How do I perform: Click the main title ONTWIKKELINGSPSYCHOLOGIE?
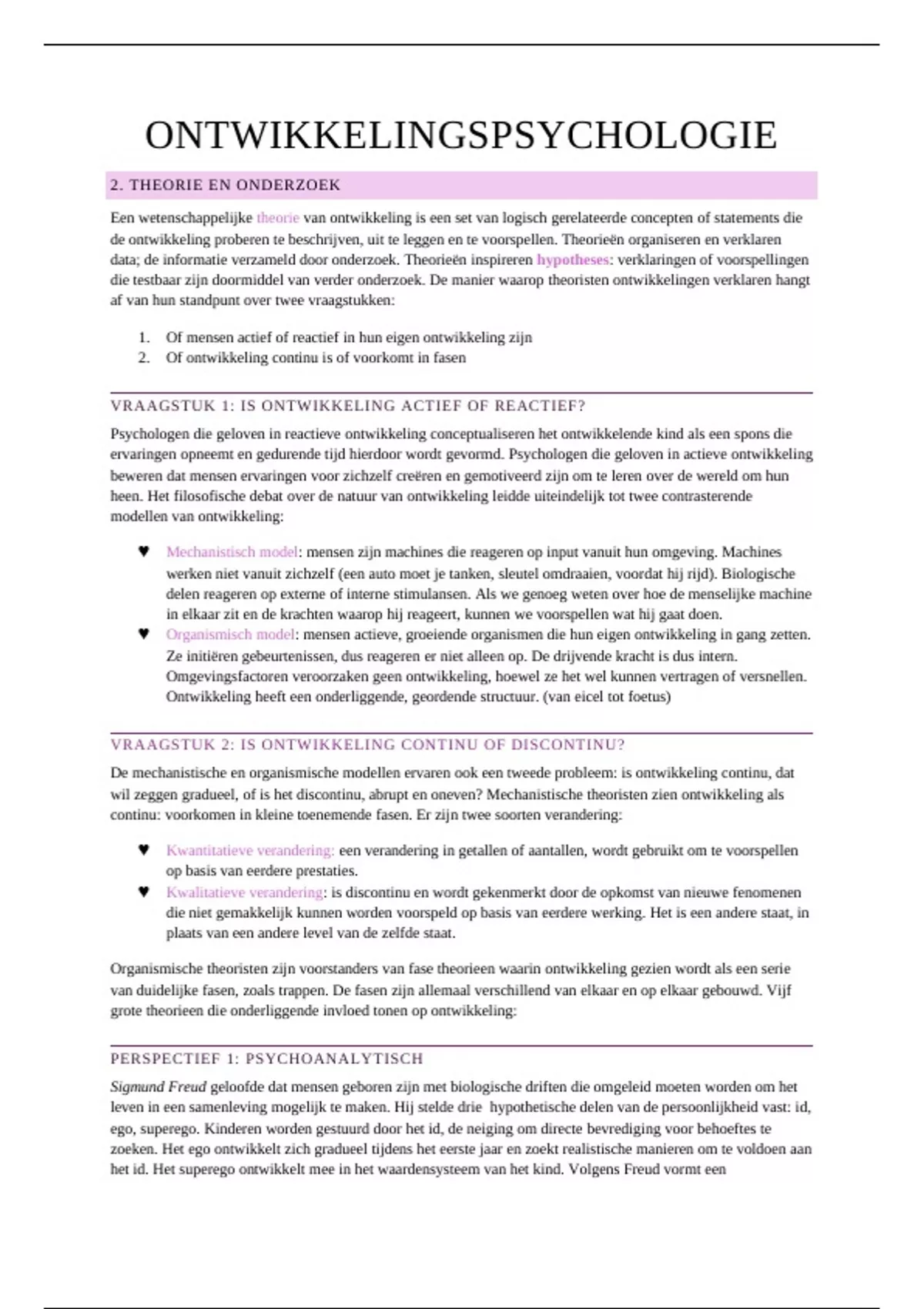(460, 136)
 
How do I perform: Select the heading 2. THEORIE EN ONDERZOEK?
(225, 186)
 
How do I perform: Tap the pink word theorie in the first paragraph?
(277, 218)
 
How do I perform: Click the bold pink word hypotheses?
(572, 259)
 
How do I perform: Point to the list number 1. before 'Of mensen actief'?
(143, 337)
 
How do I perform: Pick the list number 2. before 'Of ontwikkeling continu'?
(143, 358)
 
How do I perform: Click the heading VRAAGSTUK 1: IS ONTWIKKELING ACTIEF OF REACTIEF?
(348, 406)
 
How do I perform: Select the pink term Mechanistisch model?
(232, 552)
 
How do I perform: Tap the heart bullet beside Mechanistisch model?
(143, 552)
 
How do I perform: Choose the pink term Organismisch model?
(230, 634)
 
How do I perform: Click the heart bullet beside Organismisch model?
(143, 634)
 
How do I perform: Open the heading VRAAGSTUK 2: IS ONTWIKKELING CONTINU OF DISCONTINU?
(367, 745)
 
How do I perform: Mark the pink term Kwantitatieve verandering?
(250, 851)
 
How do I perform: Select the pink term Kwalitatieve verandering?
(244, 892)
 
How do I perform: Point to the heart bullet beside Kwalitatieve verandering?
(143, 892)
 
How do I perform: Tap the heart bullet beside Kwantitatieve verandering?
(143, 851)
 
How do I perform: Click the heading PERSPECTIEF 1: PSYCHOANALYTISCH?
(266, 1059)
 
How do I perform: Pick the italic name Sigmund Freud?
(158, 1087)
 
